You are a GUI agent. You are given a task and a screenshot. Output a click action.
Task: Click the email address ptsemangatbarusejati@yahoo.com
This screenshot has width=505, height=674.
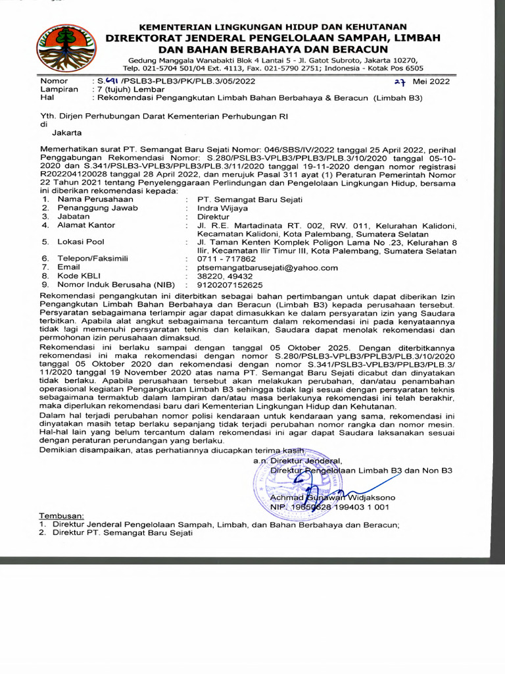pos(262,268)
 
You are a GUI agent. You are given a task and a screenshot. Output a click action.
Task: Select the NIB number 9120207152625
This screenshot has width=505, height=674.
pos(225,285)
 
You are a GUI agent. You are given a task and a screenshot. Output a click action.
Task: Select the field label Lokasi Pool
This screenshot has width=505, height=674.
pos(81,242)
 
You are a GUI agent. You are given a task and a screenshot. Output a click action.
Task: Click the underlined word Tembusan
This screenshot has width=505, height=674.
pos(62,515)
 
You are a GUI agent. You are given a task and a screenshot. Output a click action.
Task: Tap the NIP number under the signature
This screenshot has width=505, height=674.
pos(329,507)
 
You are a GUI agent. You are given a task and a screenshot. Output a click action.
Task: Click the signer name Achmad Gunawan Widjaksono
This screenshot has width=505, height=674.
pos(331,498)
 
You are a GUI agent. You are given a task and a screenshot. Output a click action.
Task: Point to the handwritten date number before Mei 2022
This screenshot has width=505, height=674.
pos(399,82)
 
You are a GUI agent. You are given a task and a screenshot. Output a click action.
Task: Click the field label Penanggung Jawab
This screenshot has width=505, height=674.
pos(98,207)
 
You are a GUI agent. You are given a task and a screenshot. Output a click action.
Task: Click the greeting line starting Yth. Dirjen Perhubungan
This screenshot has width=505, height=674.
pos(164,115)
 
